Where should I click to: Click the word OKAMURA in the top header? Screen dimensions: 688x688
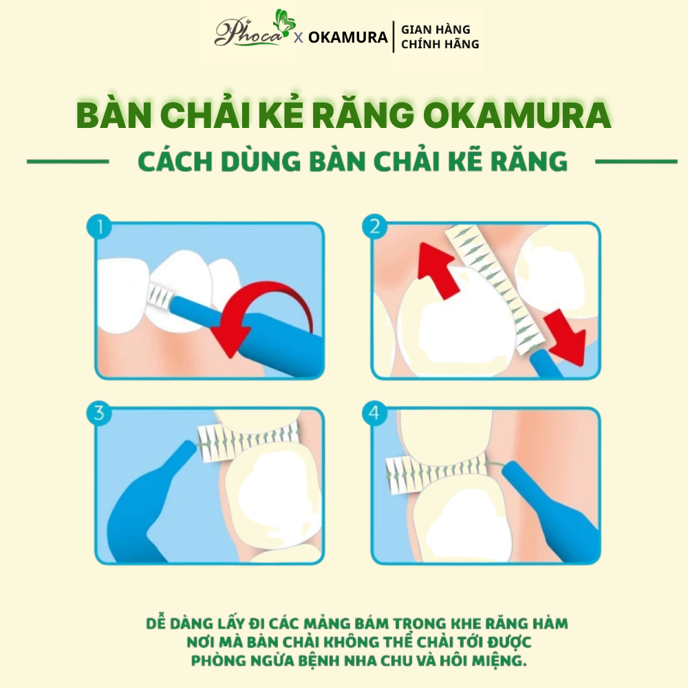coord(347,37)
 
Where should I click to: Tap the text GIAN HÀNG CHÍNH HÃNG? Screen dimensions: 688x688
coord(440,36)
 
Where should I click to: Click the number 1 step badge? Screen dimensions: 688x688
coord(99,227)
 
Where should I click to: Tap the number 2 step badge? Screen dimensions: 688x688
coord(375,227)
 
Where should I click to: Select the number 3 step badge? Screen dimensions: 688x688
coord(99,413)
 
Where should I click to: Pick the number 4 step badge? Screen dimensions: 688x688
coord(375,413)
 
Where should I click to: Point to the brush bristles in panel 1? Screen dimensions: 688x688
coord(160,294)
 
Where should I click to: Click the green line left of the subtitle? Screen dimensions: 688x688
coord(68,162)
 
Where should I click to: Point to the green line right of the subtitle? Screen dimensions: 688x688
coord(636,162)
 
